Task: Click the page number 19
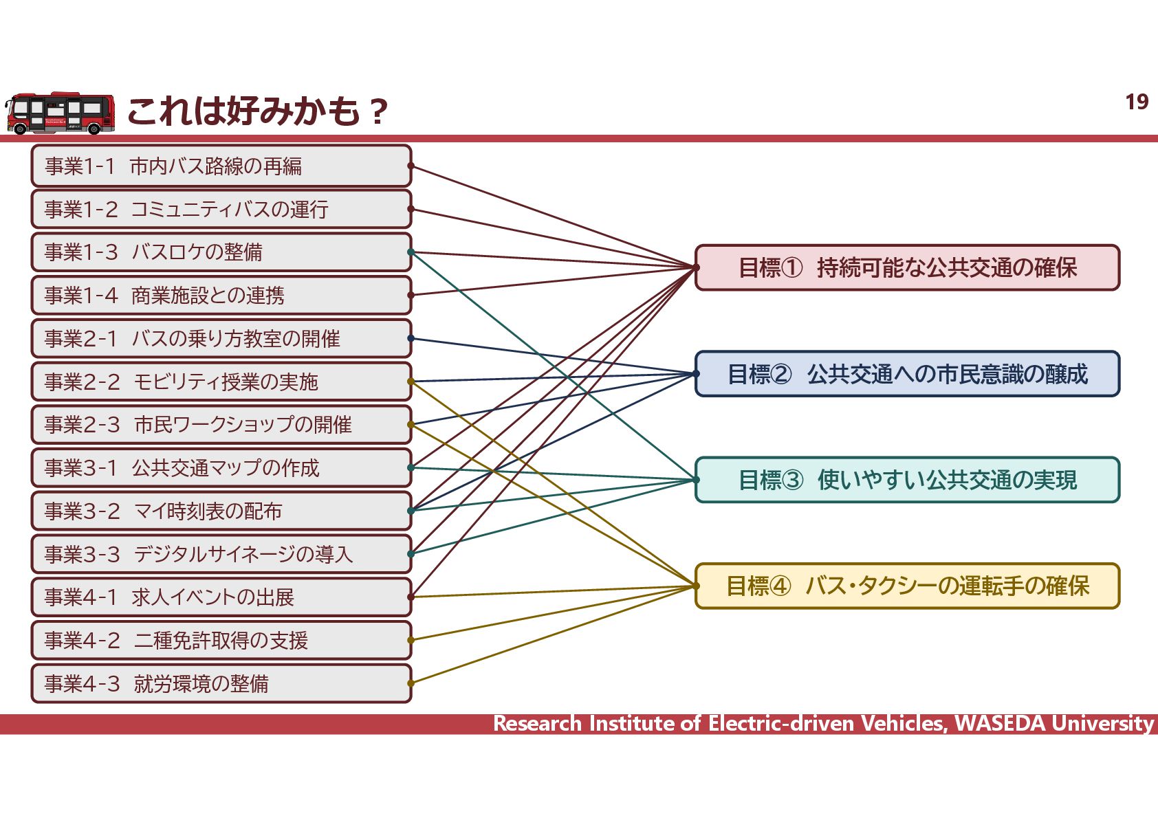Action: [1137, 102]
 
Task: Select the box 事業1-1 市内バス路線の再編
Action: [221, 166]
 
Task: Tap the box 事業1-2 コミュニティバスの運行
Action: [221, 209]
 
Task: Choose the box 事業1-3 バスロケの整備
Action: [221, 252]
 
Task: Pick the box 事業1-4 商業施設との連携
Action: [221, 296]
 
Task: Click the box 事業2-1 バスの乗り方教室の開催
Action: [221, 338]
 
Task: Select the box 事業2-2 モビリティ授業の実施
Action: [221, 382]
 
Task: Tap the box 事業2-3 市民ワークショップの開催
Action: [221, 425]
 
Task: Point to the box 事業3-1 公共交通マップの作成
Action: [221, 468]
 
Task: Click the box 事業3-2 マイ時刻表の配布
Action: [221, 511]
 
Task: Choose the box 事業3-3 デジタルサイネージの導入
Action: [221, 554]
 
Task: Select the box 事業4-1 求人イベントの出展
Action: [221, 597]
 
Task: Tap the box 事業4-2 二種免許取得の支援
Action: [221, 641]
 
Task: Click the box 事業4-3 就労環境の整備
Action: [221, 683]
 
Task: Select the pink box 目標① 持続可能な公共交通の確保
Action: [908, 267]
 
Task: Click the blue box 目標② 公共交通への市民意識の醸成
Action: [908, 374]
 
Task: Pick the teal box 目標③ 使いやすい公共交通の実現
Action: [908, 480]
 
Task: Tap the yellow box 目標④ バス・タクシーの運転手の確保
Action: [908, 586]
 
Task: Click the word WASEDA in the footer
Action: [1001, 724]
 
